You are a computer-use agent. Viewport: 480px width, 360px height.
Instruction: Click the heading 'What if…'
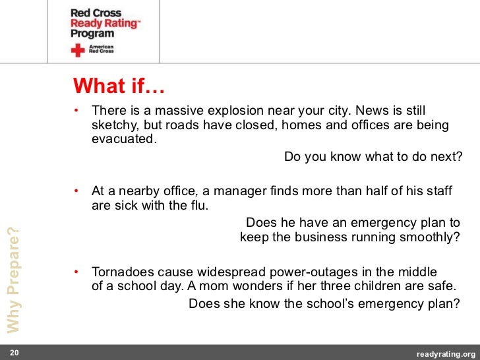click(x=119, y=86)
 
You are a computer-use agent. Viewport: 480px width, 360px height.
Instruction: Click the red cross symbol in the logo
click(x=78, y=51)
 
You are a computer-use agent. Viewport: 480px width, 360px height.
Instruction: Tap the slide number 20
click(x=14, y=353)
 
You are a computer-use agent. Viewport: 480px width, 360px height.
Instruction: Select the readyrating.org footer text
click(x=446, y=353)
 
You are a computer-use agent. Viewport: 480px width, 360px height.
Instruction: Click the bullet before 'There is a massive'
click(x=76, y=109)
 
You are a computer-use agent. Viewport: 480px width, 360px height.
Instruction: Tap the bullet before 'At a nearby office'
click(x=76, y=191)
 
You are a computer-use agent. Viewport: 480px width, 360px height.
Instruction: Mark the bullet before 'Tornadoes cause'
click(x=76, y=272)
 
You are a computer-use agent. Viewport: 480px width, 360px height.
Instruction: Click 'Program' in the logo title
click(x=92, y=34)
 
